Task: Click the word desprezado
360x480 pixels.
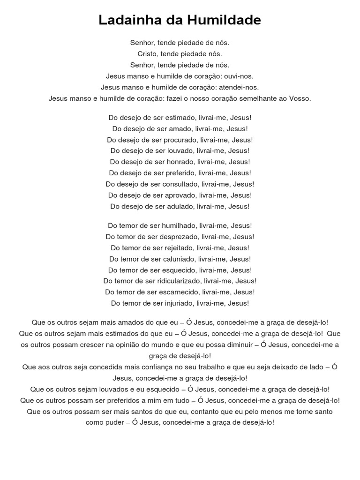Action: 182,237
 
